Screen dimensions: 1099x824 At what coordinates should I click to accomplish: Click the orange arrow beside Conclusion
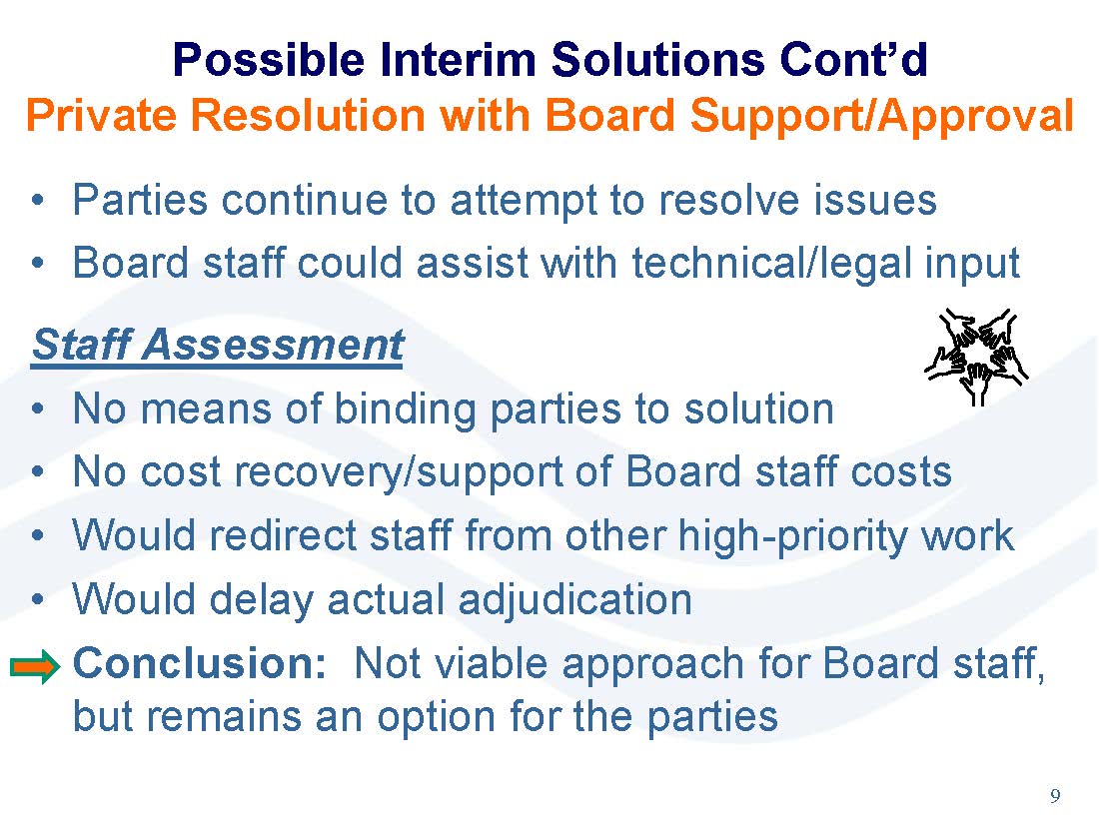35,666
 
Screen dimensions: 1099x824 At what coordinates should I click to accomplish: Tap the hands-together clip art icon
976,356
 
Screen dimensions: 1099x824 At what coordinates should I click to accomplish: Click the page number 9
1055,795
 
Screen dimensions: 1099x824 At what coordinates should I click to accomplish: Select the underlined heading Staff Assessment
218,345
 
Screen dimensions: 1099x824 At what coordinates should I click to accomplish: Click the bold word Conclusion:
200,663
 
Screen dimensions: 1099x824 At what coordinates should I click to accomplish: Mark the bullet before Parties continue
38,201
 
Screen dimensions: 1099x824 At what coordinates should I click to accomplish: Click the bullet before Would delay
38,600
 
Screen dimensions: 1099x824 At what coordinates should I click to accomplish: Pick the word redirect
284,536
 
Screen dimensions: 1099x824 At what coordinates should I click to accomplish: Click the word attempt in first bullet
524,202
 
